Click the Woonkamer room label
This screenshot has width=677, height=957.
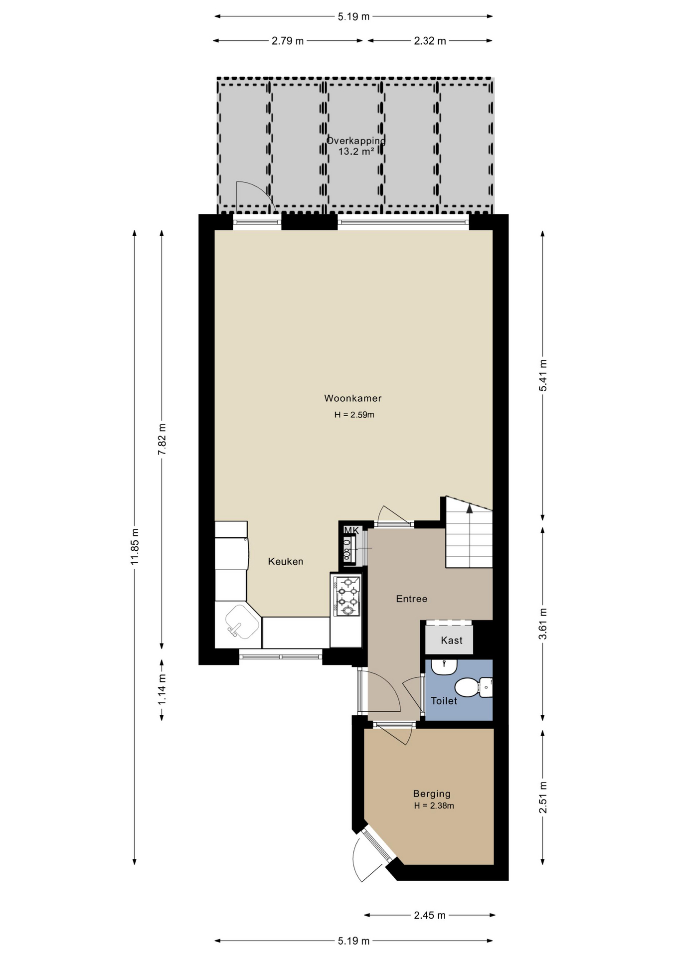[x=352, y=398]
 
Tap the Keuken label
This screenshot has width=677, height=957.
[x=286, y=561]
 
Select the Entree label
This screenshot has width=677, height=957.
[x=412, y=599]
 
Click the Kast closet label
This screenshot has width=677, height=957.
[x=452, y=640]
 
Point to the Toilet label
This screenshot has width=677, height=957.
[x=444, y=701]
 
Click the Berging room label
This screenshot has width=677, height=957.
[x=432, y=794]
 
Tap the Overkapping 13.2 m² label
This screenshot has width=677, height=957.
[x=356, y=146]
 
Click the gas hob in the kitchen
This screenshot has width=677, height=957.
[x=348, y=596]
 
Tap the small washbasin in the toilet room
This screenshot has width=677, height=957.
[x=444, y=666]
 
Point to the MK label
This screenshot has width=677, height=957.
[x=351, y=530]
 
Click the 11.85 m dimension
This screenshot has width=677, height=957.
[x=135, y=547]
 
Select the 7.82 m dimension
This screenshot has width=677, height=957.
[x=162, y=439]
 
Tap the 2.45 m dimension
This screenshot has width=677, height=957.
[x=430, y=915]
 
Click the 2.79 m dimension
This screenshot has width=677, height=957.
[x=288, y=41]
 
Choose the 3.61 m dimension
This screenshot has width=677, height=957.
[x=543, y=624]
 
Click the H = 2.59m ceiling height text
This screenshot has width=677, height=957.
[x=354, y=415]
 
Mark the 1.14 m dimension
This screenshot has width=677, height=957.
[x=162, y=689]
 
